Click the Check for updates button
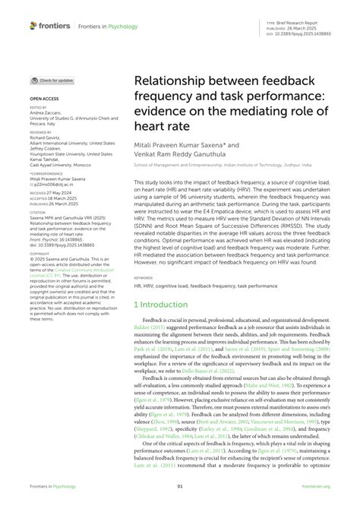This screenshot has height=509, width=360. pyautogui.click(x=53, y=80)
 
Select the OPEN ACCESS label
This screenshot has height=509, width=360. pyautogui.click(x=44, y=99)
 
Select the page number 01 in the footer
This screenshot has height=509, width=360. pyautogui.click(x=180, y=487)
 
